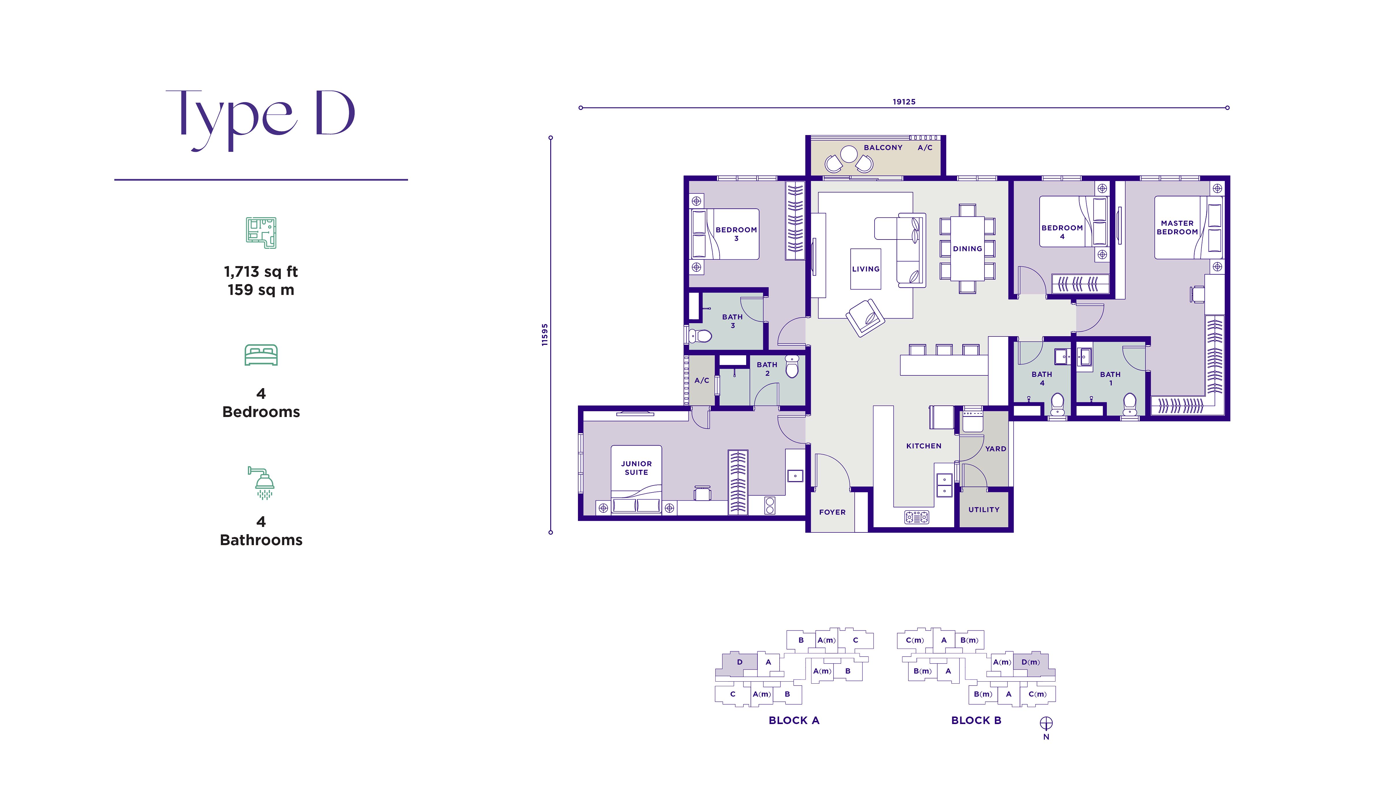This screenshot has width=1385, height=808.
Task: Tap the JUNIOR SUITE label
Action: (637, 468)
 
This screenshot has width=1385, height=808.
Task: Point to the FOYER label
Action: (832, 512)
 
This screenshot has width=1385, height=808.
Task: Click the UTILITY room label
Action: (984, 510)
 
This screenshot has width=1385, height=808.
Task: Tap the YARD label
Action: (995, 448)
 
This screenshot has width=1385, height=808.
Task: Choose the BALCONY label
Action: (883, 147)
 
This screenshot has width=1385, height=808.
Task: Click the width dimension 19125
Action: (904, 102)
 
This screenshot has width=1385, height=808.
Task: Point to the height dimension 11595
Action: (545, 335)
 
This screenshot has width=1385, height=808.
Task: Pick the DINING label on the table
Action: (967, 248)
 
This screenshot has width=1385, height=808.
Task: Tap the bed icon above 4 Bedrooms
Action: (261, 355)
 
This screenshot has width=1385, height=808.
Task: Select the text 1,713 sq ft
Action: (261, 272)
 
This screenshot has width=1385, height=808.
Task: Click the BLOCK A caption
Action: (793, 720)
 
